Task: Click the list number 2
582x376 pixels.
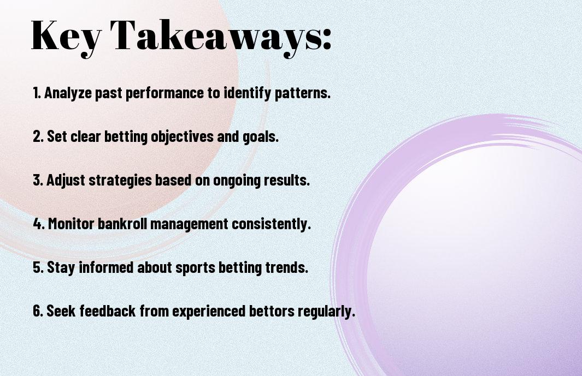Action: [x=38, y=136]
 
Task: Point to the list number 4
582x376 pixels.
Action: [x=38, y=224]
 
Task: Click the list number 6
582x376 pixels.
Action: [x=38, y=311]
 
